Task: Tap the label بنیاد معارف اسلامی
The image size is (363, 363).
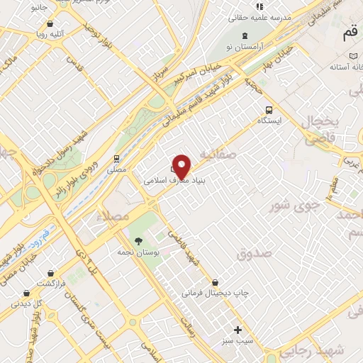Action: point(164,181)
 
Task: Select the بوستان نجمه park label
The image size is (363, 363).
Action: point(140,252)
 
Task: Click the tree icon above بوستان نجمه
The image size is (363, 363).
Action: point(138,241)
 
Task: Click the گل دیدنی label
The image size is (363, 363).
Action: point(29,303)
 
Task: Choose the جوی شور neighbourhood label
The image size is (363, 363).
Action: point(291,206)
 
